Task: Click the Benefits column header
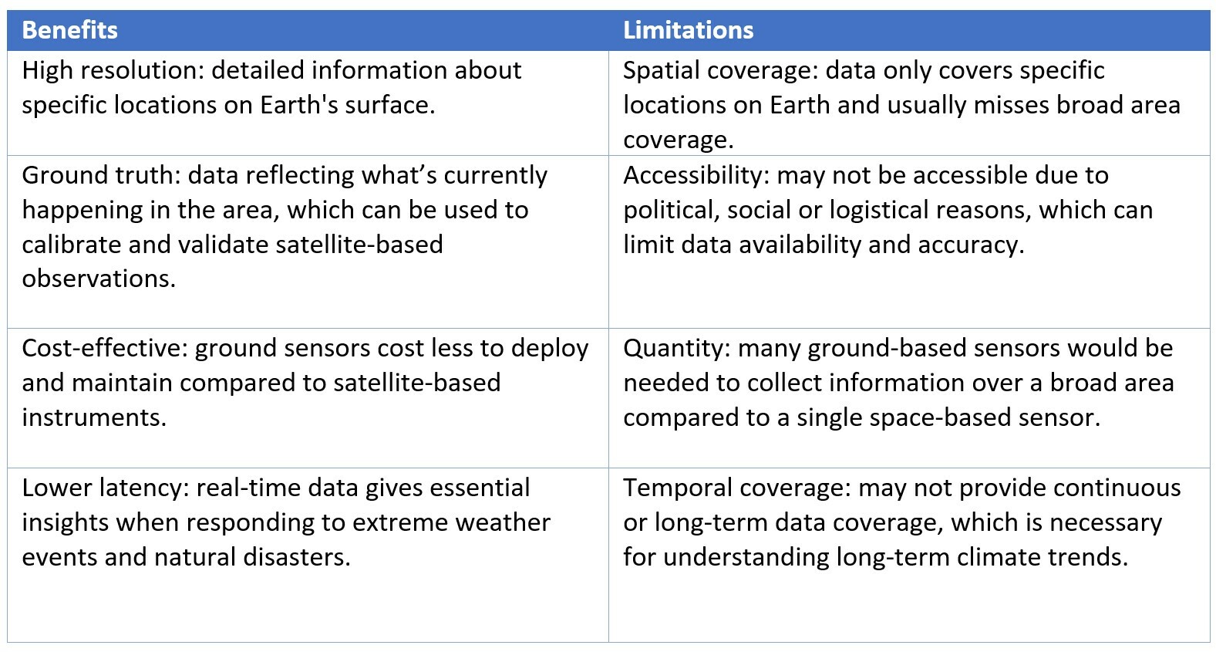(x=69, y=30)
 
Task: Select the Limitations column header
(x=688, y=30)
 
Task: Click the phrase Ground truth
(x=101, y=176)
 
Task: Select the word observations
(x=99, y=279)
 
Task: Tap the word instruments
(x=94, y=418)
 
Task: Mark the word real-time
(x=247, y=488)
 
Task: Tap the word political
(x=672, y=211)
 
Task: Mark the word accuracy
(x=971, y=245)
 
